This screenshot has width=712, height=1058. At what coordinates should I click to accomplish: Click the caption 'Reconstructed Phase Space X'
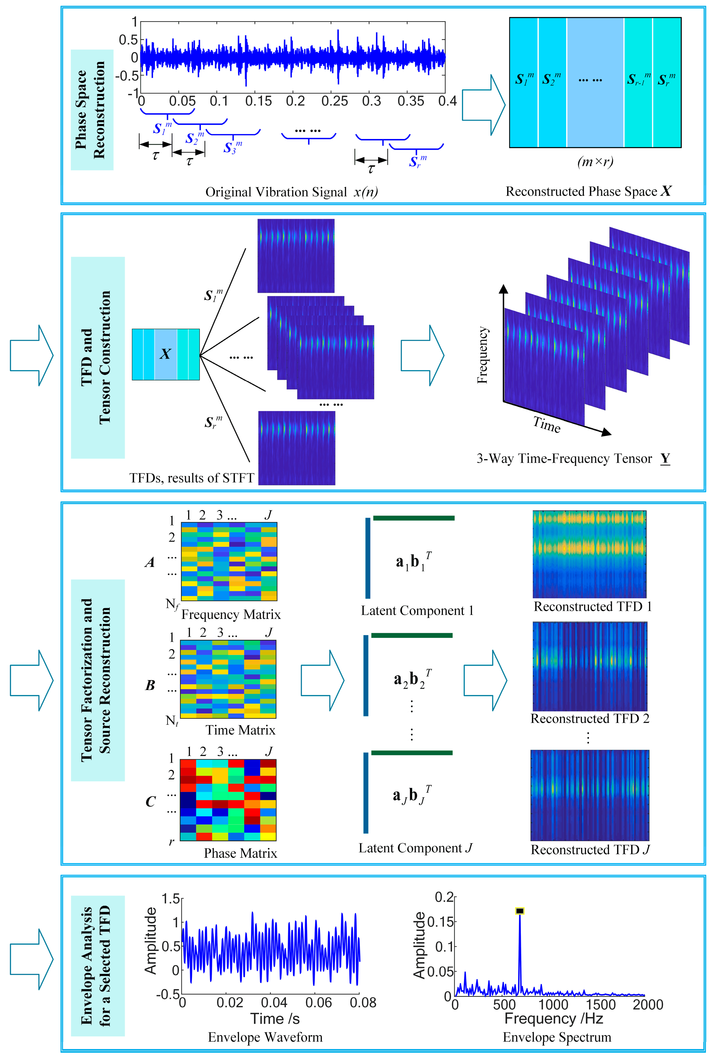coord(589,191)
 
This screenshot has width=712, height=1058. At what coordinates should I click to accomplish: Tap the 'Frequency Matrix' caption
coord(231,615)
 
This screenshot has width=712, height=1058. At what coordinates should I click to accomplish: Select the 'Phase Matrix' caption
coord(240,853)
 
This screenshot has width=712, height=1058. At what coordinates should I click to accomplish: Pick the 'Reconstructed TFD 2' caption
coord(590,718)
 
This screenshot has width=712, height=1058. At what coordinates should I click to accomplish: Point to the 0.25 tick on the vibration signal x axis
coord(335,101)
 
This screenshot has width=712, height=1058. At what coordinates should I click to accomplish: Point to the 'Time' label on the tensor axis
coord(547,425)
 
